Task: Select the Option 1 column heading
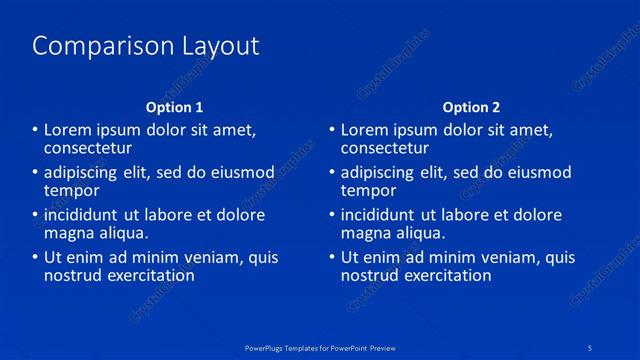coord(174,107)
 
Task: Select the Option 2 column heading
coord(472,107)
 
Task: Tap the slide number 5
coord(591,346)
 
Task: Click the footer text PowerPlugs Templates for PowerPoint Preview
coord(320,346)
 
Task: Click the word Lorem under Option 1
coord(67,130)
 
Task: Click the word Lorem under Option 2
coord(365,130)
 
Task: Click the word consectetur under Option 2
coord(385,148)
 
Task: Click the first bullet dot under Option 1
coord(35,130)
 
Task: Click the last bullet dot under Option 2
coord(333,257)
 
